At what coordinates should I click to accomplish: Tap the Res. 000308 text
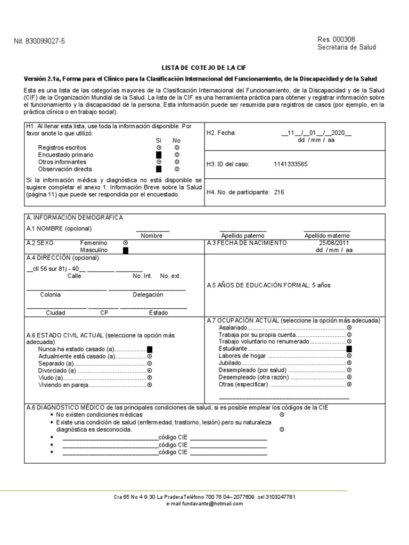coord(336,39)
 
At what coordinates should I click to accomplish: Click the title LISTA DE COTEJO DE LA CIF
coord(204,68)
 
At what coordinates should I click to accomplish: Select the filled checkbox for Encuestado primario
coord(159,154)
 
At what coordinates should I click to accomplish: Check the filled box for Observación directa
coord(159,169)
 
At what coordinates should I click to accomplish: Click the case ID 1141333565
coord(291,164)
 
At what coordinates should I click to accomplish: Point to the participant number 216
coord(280,192)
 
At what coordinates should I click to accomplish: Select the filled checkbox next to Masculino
coord(126,250)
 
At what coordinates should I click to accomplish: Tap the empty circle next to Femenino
coord(126,243)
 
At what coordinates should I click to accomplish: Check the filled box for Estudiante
coord(349,349)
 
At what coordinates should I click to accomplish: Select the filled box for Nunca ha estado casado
coord(150,349)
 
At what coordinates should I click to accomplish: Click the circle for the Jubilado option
coord(349,362)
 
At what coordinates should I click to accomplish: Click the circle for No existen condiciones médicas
coord(282,414)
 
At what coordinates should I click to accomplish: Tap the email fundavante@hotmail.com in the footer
coord(204,503)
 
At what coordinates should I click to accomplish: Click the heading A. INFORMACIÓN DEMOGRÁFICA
coord(75,218)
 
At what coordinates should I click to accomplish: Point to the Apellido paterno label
coord(243,235)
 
